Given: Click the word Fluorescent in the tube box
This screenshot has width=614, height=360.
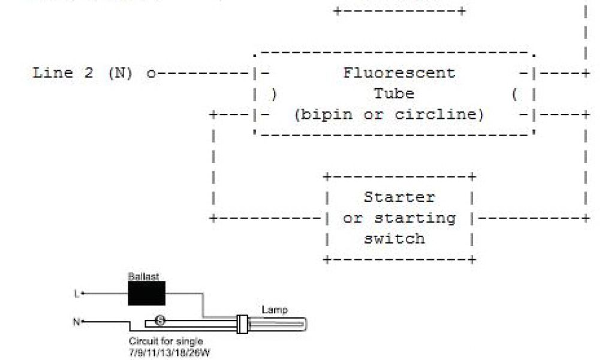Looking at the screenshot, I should [399, 73].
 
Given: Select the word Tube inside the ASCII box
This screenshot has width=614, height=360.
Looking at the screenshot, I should [394, 94].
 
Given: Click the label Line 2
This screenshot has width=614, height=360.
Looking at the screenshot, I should [62, 73].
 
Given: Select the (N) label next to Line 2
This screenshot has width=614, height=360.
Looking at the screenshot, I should [120, 73].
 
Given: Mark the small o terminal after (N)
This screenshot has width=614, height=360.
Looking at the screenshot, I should [151, 74].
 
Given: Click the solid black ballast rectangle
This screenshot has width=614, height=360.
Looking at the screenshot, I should [146, 293].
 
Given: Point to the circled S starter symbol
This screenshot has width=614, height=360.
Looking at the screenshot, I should [160, 320].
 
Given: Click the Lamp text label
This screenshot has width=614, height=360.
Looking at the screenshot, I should [274, 310].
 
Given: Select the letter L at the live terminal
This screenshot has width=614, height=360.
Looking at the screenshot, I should [76, 293].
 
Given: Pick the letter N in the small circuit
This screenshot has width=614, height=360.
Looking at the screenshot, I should [76, 322].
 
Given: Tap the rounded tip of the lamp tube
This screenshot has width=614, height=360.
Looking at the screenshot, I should [302, 325].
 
